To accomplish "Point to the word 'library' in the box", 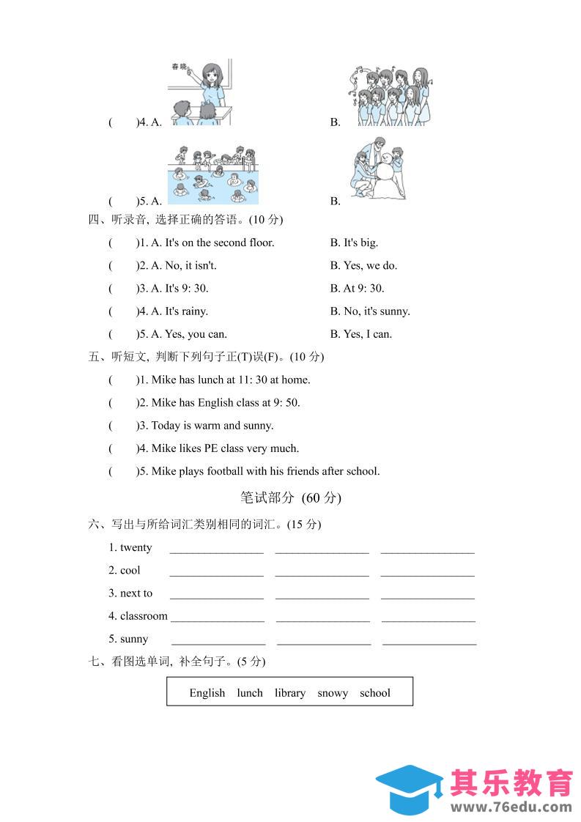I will (290, 692).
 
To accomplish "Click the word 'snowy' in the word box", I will (333, 692).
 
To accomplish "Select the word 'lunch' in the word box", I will (250, 692).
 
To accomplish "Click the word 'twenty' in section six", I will (136, 547).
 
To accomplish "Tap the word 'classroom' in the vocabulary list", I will (144, 615).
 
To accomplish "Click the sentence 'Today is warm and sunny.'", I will (212, 425).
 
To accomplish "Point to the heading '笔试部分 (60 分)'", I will (291, 497).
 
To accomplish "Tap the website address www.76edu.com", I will (511, 807).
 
